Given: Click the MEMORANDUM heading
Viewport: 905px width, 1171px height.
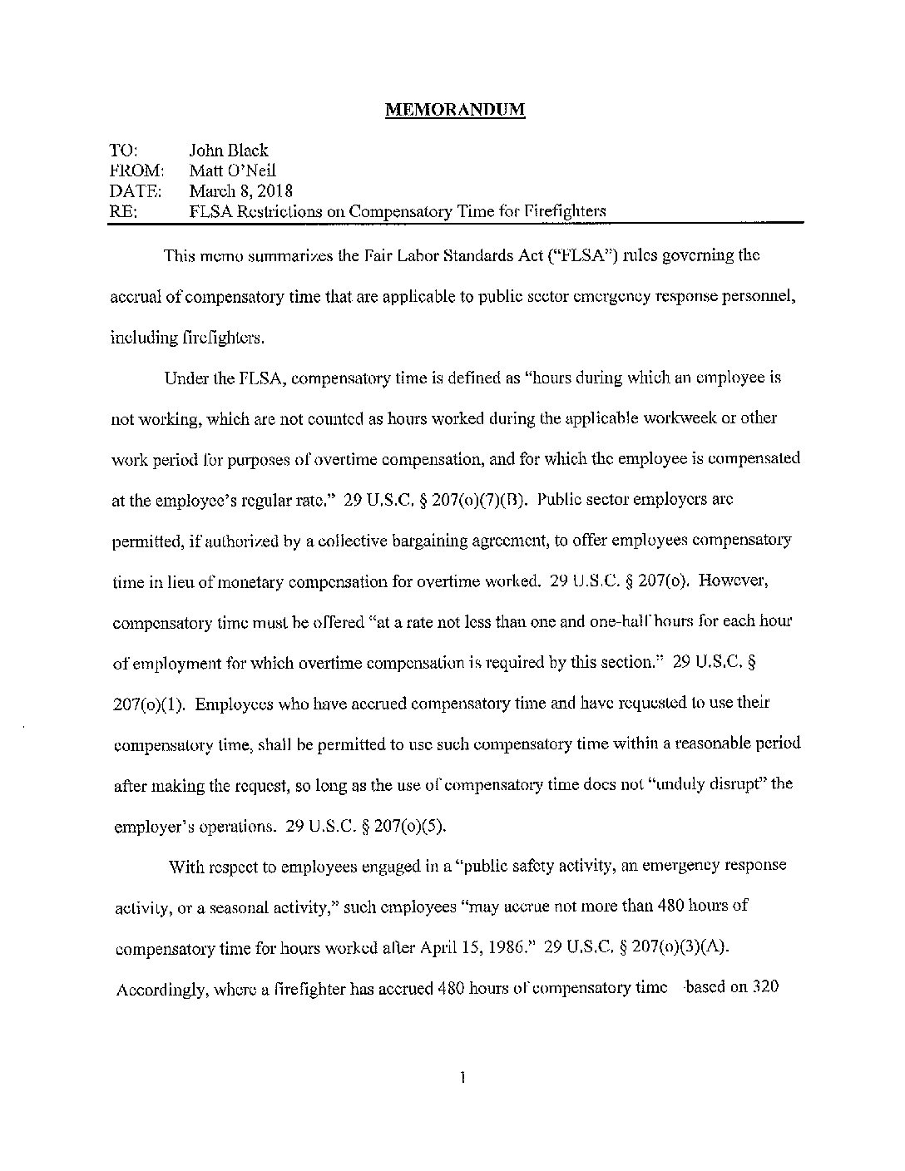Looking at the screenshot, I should (455, 111).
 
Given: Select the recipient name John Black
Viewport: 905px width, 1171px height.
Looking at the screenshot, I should (229, 151).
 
